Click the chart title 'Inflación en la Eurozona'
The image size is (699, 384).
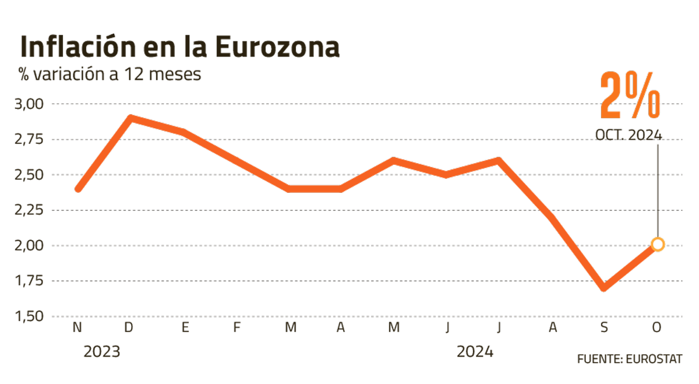click(x=179, y=47)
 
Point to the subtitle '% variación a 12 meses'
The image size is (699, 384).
click(x=110, y=75)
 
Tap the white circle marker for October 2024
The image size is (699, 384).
click(x=658, y=245)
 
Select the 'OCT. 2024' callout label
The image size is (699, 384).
click(x=629, y=135)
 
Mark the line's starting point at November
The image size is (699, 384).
click(x=78, y=189)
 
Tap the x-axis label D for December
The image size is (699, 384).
click(x=129, y=328)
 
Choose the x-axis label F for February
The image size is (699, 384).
click(x=236, y=328)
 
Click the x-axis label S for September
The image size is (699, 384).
click(x=604, y=328)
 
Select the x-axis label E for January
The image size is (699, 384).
click(x=185, y=328)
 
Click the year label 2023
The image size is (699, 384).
click(x=102, y=352)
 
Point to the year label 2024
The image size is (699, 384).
click(x=475, y=352)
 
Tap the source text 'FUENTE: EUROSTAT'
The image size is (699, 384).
click(x=629, y=358)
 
